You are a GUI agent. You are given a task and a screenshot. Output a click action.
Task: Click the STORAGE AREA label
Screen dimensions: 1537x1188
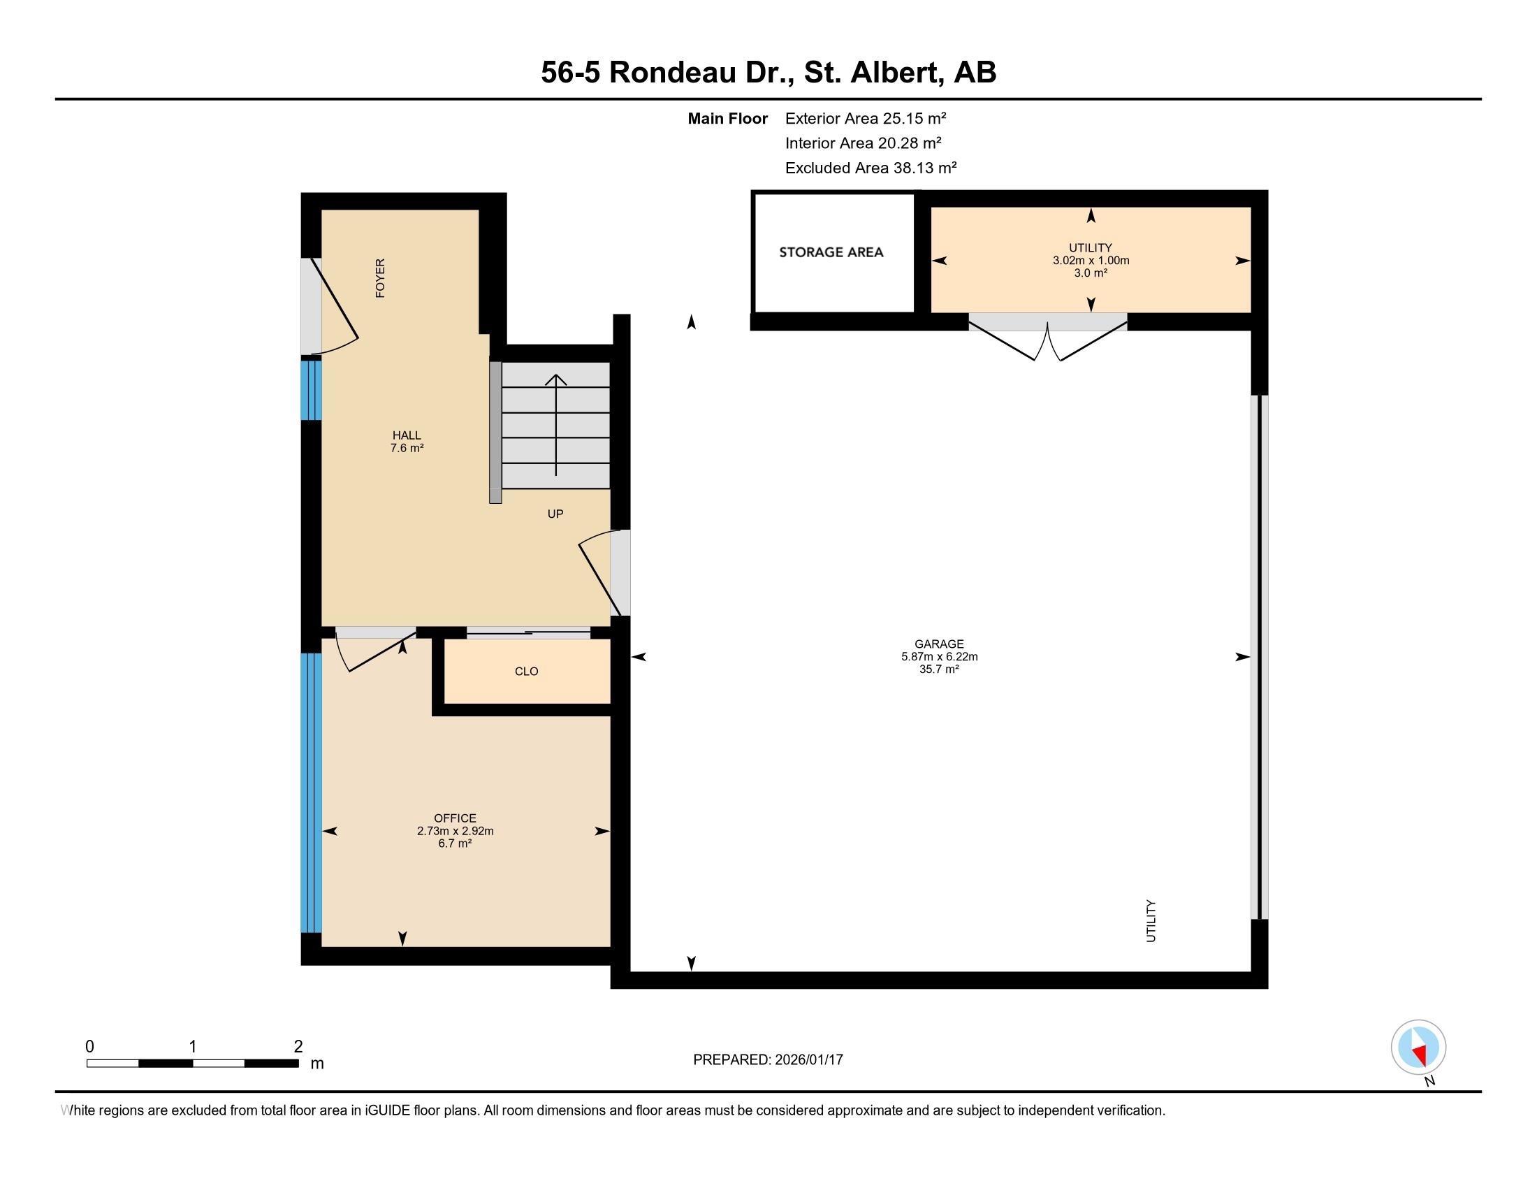click(831, 252)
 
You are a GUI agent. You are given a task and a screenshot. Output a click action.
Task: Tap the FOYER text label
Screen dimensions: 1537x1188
click(380, 278)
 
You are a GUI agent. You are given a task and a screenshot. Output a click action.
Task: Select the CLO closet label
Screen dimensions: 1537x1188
click(526, 672)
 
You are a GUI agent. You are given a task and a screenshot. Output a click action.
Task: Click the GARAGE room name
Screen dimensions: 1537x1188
click(939, 644)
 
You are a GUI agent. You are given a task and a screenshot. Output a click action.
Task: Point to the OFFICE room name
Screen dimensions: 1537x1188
click(456, 818)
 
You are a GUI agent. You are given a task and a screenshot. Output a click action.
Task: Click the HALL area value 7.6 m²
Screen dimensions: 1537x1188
click(407, 448)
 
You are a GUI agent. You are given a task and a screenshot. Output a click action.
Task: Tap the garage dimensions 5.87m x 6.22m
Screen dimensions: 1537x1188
click(940, 657)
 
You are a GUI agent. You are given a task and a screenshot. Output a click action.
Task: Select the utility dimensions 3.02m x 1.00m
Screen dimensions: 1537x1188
click(1091, 261)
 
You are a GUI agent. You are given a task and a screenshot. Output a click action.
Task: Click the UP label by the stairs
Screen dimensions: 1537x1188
click(555, 514)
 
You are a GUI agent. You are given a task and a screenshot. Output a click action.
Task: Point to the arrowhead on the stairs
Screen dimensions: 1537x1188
click(556, 380)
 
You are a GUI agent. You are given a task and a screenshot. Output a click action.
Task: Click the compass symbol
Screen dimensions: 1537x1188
click(1418, 1048)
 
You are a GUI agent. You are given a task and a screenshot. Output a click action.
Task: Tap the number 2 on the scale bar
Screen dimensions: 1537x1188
click(298, 1047)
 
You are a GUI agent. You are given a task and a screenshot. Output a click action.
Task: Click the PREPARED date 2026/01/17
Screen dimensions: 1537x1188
click(808, 1060)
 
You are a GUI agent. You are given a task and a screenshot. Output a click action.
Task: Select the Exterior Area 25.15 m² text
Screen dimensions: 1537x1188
click(866, 118)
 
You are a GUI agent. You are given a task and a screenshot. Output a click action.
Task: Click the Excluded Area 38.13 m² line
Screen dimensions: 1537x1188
click(871, 168)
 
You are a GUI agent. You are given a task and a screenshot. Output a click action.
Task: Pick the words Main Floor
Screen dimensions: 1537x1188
click(728, 118)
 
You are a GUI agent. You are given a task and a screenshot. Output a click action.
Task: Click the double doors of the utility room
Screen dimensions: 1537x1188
click(1048, 337)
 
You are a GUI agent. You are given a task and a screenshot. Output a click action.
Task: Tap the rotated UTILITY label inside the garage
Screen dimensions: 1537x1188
click(1151, 920)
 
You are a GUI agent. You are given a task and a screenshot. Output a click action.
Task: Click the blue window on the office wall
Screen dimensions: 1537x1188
click(311, 793)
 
